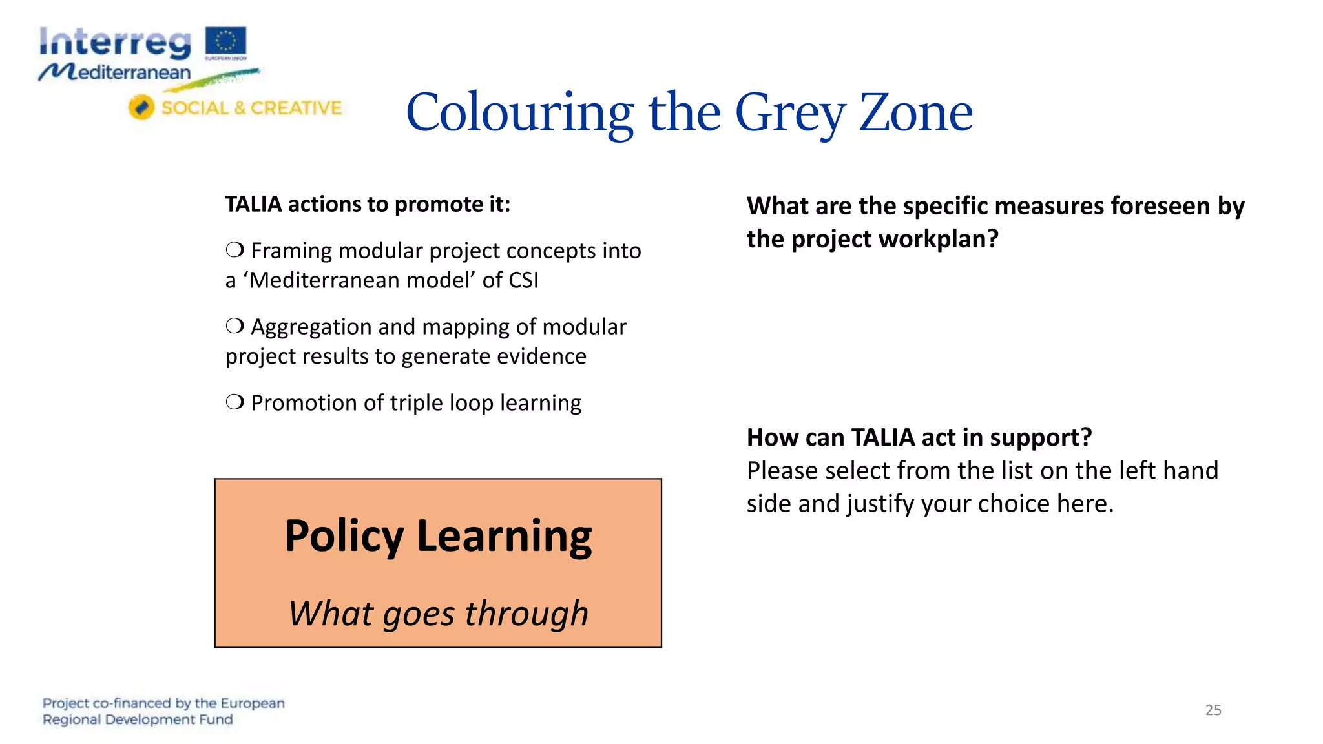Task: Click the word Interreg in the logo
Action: click(x=115, y=43)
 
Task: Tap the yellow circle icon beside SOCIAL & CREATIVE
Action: click(x=141, y=107)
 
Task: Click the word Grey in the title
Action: click(x=789, y=113)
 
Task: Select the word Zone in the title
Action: click(x=915, y=113)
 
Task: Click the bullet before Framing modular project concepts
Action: click(x=235, y=250)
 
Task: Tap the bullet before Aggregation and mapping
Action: click(x=235, y=326)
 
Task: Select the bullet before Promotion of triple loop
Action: click(x=235, y=402)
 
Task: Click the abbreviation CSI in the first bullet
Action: click(x=523, y=280)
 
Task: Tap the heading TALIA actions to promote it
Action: click(x=368, y=204)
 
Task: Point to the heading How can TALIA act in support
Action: click(x=919, y=437)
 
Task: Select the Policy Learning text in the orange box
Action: click(x=438, y=536)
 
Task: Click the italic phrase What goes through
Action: click(x=438, y=613)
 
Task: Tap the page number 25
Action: click(x=1213, y=710)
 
